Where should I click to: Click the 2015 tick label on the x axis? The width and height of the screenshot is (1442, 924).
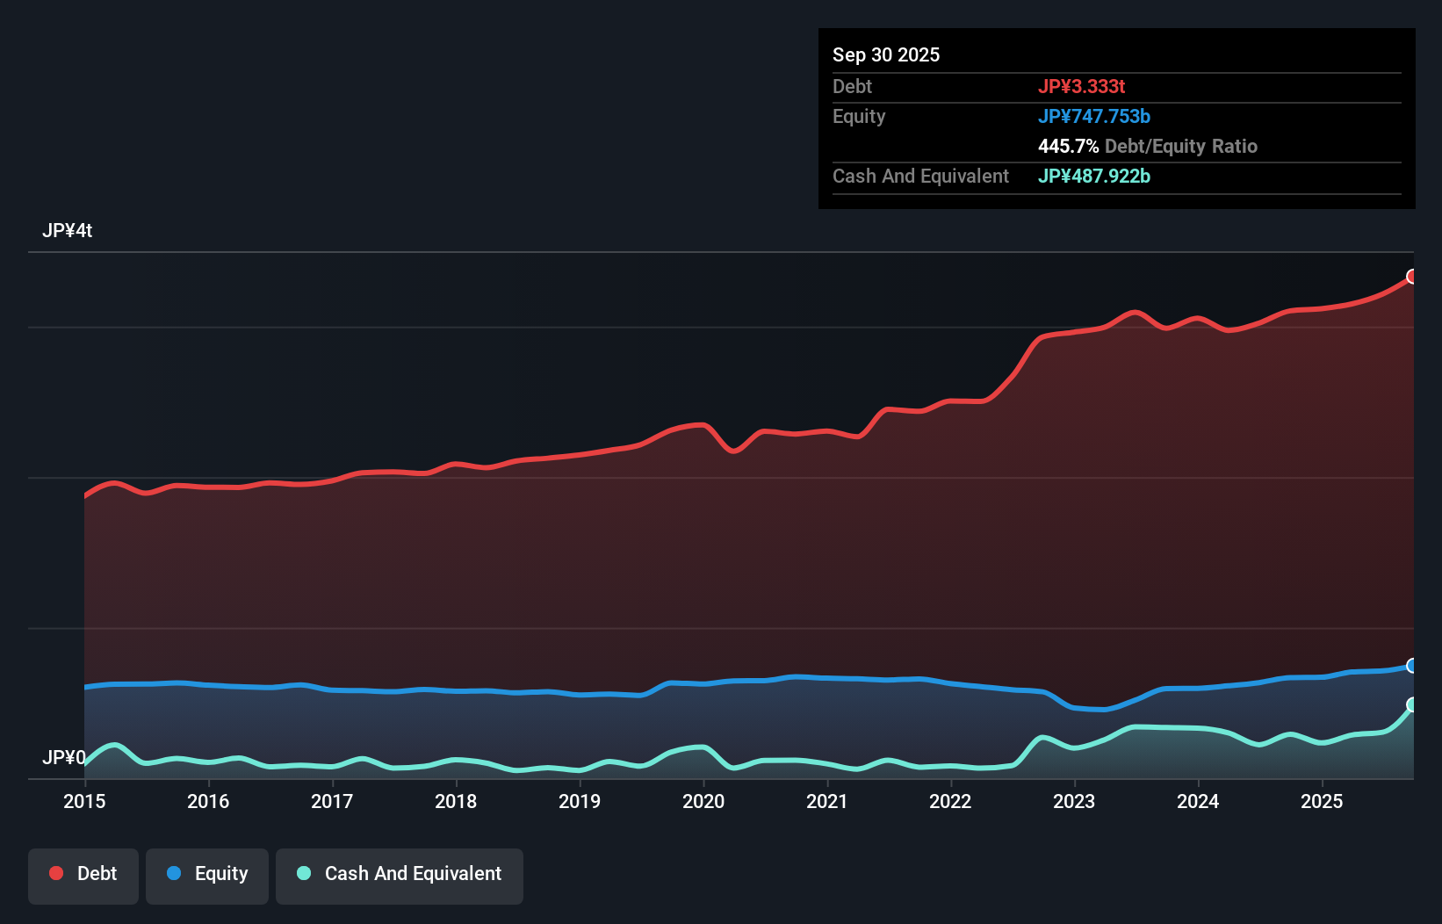(84, 801)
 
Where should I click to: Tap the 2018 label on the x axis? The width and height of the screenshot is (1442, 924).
(456, 801)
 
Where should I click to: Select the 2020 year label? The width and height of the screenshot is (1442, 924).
(703, 801)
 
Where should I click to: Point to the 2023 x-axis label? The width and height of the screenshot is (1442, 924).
(1074, 801)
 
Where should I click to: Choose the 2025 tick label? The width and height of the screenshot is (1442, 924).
(1322, 801)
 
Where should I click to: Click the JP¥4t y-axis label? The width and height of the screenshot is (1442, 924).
(67, 231)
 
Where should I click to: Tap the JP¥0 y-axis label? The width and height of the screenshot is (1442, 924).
(63, 757)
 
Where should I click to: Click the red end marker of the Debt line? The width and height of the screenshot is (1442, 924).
(1412, 277)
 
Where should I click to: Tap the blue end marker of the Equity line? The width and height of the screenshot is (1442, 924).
(1412, 666)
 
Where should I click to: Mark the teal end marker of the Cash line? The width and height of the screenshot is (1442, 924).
(1412, 704)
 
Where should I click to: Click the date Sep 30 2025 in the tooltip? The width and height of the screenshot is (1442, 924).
(885, 54)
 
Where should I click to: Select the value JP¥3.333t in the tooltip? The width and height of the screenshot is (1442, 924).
(1081, 86)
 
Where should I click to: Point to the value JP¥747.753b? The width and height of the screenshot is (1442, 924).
(1093, 116)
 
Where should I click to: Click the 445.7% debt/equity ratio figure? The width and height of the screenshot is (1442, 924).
(1068, 146)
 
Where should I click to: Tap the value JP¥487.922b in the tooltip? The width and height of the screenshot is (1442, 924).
(1093, 176)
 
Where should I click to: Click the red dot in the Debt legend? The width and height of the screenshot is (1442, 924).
(56, 873)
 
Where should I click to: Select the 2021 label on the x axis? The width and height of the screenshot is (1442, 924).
(827, 801)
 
